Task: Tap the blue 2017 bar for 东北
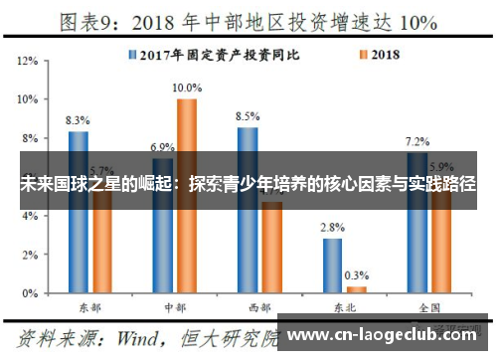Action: pos(332,266)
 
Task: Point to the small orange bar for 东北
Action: pos(357,289)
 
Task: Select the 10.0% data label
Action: pos(187,88)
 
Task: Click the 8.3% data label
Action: pos(78,120)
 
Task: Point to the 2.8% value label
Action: pos(332,228)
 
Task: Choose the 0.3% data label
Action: pos(357,275)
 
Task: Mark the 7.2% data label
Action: pos(417,141)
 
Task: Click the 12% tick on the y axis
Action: pos(29,61)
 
